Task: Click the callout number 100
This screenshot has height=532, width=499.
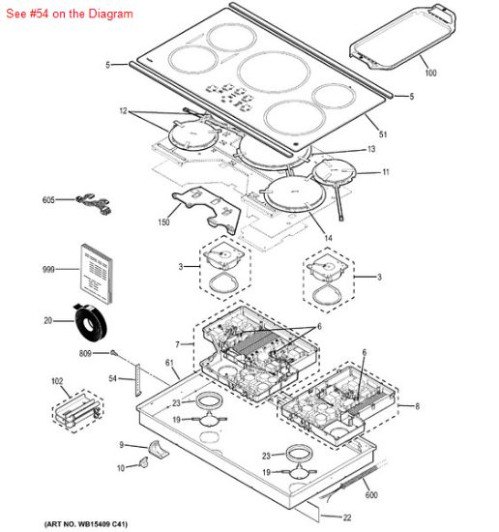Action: coord(429,74)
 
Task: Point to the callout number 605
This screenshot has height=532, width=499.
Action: coord(48,200)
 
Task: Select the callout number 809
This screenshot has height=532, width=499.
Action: coord(85,354)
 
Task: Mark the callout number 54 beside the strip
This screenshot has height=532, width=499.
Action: coord(112,378)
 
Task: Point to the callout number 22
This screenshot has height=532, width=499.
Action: coord(349,517)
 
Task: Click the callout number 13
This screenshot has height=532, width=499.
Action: coord(370,150)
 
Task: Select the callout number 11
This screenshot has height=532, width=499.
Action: coord(385,172)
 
